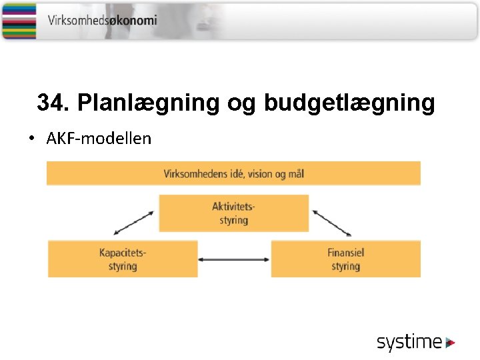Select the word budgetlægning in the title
pyautogui.click(x=349, y=103)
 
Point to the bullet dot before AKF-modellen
pyautogui.click(x=31, y=139)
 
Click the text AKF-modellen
pyautogui.click(x=99, y=139)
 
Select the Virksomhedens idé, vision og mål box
pyautogui.click(x=233, y=173)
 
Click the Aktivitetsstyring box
pyautogui.click(x=233, y=213)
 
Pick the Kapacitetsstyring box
pyautogui.click(x=123, y=259)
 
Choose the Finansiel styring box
pyautogui.click(x=345, y=259)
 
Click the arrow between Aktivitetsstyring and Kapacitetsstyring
pyautogui.click(x=134, y=223)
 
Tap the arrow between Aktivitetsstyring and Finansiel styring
pyautogui.click(x=332, y=223)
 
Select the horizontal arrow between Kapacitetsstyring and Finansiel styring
pyautogui.click(x=234, y=259)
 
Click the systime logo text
pyautogui.click(x=409, y=343)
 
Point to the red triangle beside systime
pyautogui.click(x=451, y=343)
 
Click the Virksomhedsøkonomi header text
pyautogui.click(x=102, y=20)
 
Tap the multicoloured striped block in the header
pyautogui.click(x=19, y=20)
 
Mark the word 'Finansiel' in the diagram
pyautogui.click(x=345, y=253)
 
